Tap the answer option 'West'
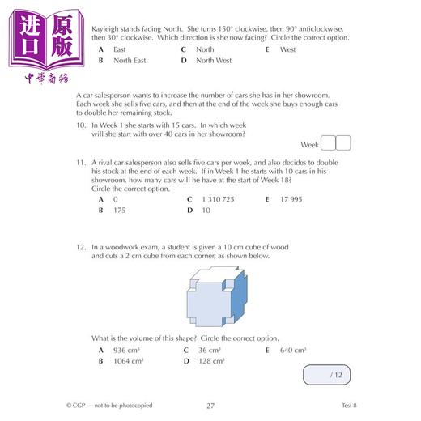(287, 49)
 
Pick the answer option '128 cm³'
(210, 361)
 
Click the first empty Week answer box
(328, 144)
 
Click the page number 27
(211, 406)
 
